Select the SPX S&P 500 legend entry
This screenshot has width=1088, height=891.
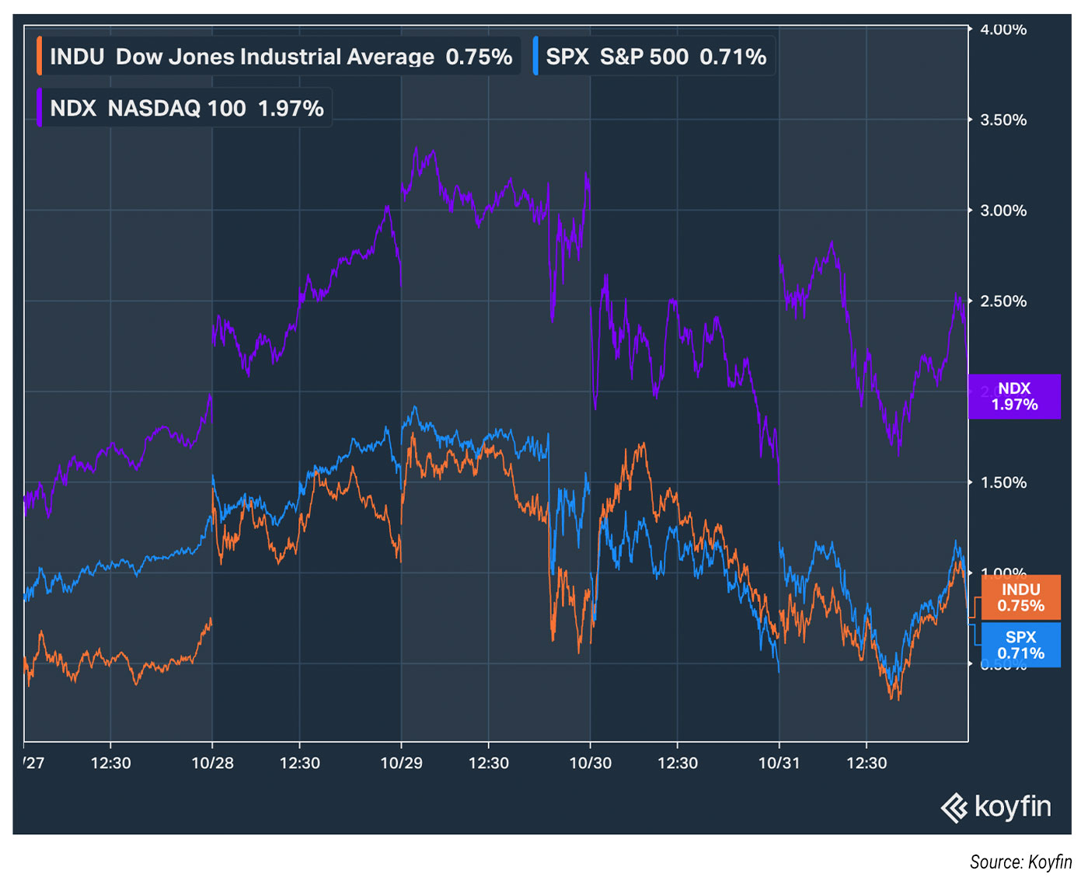tap(655, 57)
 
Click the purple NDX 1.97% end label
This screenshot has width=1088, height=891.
tap(1014, 396)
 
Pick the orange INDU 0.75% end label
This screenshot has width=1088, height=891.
tap(1020, 597)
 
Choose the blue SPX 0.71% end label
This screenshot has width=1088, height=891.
tap(1020, 645)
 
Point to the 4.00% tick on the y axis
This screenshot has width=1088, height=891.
tap(1003, 30)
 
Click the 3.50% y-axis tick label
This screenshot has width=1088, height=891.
tap(1003, 120)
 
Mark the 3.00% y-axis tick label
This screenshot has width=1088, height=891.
tap(1003, 211)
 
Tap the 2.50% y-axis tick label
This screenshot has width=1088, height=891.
tap(1003, 301)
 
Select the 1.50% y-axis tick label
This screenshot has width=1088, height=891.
tap(1003, 482)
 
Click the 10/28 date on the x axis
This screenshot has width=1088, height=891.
tap(212, 763)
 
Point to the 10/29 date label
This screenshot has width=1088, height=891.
tap(401, 763)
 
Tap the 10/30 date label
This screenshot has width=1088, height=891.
tap(591, 763)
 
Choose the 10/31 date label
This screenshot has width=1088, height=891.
tap(779, 763)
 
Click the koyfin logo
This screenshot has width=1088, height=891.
tap(996, 807)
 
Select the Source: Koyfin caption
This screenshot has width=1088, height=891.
tap(1020, 861)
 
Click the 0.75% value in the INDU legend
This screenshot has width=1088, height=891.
tap(479, 57)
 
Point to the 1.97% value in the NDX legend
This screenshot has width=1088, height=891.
tap(291, 108)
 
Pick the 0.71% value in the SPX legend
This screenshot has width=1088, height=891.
tap(733, 57)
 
